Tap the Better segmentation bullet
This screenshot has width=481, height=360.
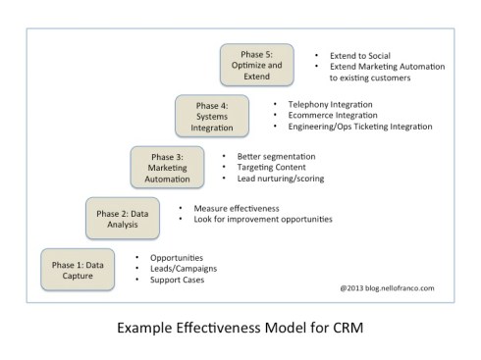pyautogui.click(x=279, y=156)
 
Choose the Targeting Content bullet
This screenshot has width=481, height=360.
pyautogui.click(x=272, y=167)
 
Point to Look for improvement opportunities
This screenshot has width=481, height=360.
pyautogui.click(x=263, y=220)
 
